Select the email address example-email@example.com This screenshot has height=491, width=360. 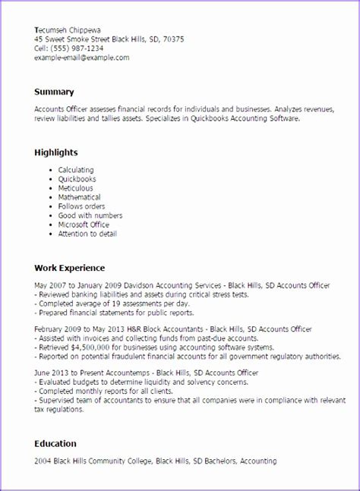pyautogui.click(x=82, y=57)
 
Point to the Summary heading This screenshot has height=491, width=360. pyautogui.click(x=55, y=92)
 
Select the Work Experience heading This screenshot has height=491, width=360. pyautogui.click(x=69, y=268)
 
